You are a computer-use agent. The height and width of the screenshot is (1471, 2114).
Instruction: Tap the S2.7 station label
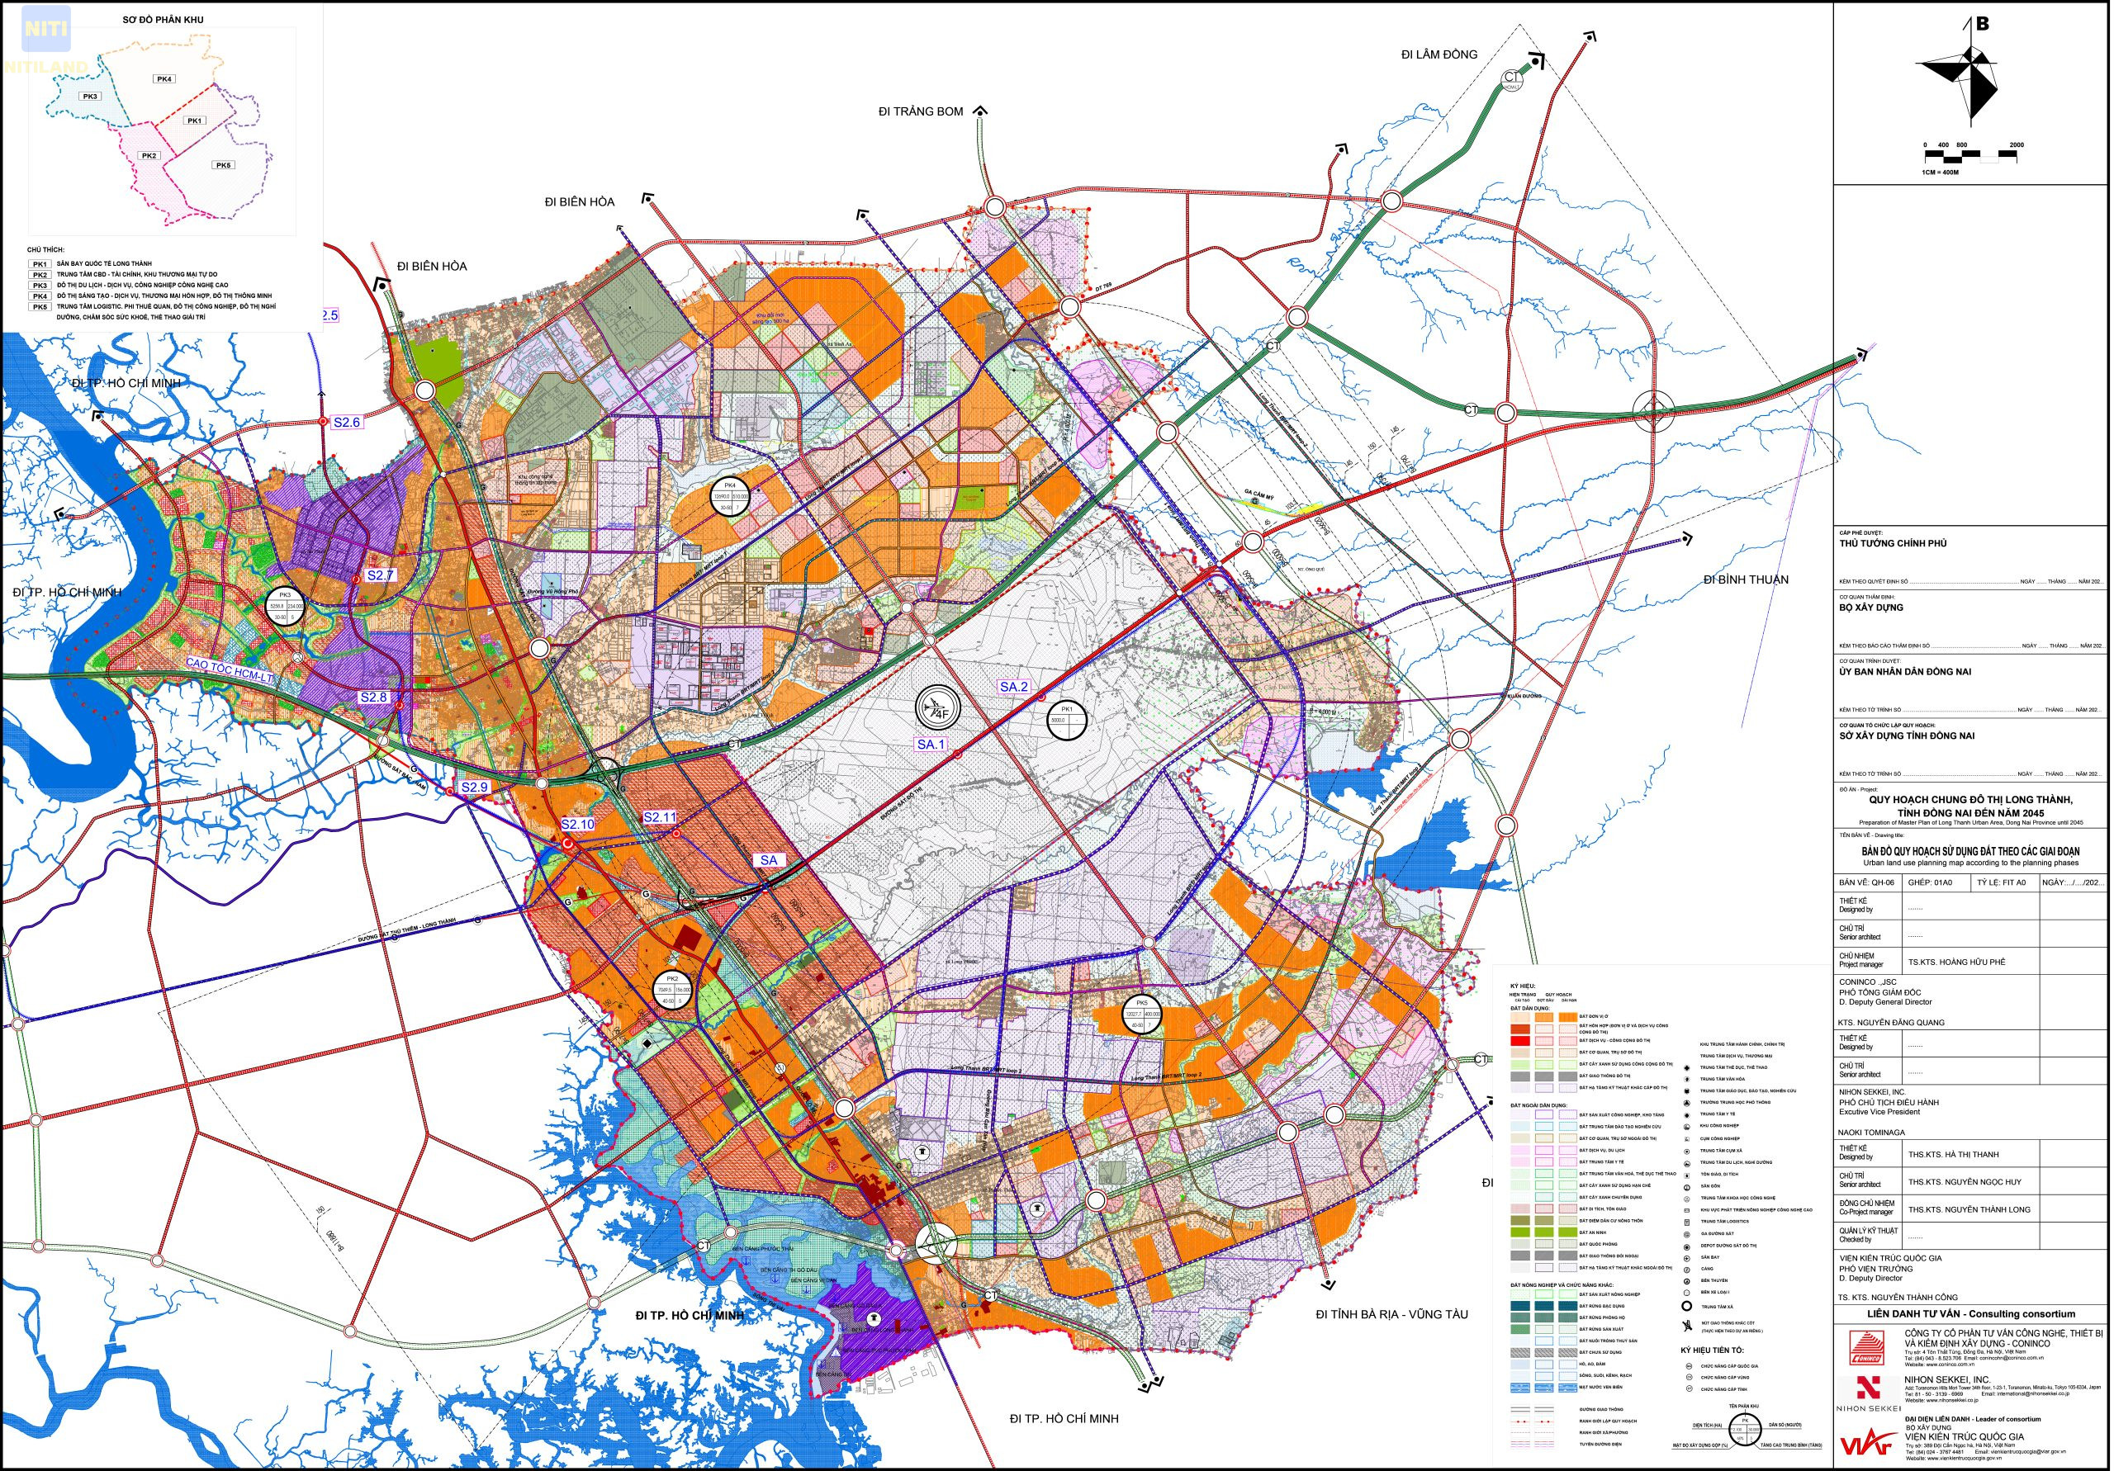point(380,575)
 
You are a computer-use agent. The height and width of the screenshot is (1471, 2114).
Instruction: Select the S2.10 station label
point(578,824)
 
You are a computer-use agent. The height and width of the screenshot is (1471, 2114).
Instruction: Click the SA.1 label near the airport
point(931,744)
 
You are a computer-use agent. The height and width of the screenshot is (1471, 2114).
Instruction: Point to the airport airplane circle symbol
point(937,708)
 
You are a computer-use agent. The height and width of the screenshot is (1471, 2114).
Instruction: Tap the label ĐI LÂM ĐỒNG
point(1439,55)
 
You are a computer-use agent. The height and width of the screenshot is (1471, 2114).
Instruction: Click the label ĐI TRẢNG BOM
point(921,111)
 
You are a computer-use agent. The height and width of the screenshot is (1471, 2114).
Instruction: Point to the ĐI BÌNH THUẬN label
point(1746,579)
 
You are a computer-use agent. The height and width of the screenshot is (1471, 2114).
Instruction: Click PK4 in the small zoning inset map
point(165,79)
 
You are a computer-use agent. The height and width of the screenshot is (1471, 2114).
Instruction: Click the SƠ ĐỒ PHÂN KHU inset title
point(163,19)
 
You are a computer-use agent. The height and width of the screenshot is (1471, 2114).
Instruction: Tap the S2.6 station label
point(347,422)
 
